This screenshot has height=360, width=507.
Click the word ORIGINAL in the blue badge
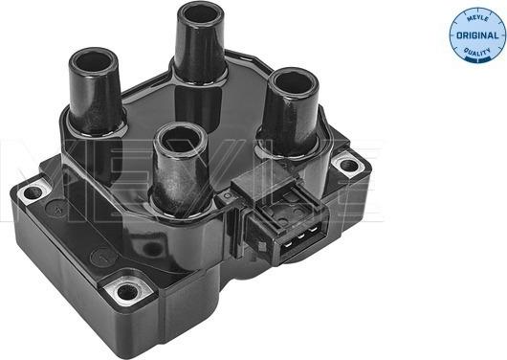(x=477, y=35)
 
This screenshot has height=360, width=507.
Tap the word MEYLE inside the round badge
(x=477, y=19)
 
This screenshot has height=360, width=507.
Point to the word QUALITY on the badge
(x=477, y=52)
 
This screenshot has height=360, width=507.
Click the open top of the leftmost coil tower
(x=93, y=62)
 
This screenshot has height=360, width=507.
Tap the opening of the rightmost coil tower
(x=294, y=83)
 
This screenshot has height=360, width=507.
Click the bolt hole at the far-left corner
(x=33, y=193)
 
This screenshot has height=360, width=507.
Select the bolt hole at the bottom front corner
(x=126, y=292)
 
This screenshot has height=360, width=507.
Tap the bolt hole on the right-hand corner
(x=349, y=166)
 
